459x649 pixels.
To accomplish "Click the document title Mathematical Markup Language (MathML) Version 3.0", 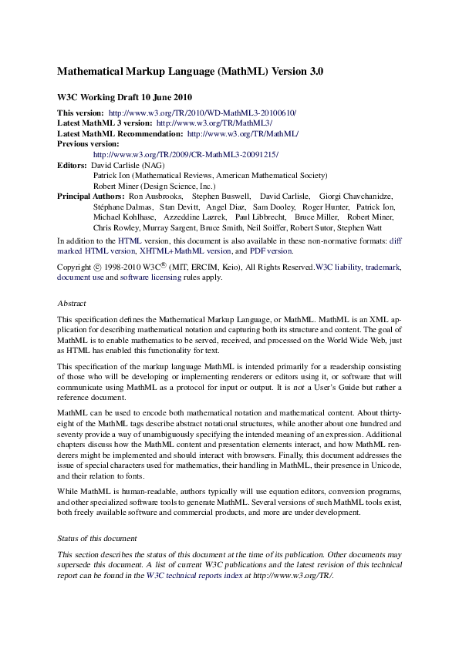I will click(190, 72).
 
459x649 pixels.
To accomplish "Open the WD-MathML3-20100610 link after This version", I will click(202, 113).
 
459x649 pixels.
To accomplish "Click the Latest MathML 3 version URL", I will click(214, 123).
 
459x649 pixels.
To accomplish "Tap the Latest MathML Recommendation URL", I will click(242, 133).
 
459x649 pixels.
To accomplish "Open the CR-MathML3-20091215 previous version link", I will click(185, 154).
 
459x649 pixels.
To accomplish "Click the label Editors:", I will click(73, 165).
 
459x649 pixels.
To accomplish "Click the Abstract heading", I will click(72, 303).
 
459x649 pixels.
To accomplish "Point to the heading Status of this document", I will click(97, 538).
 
